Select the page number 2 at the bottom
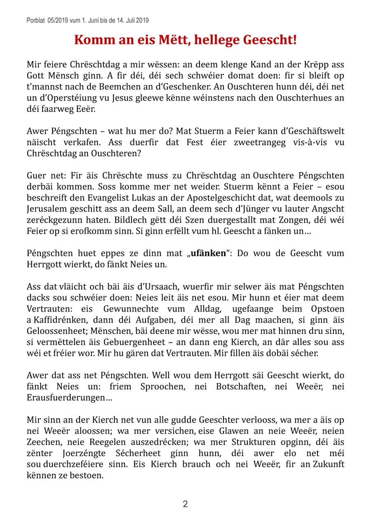[x=185, y=504]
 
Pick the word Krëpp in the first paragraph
[x=320, y=65]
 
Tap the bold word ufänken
[x=207, y=253]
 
